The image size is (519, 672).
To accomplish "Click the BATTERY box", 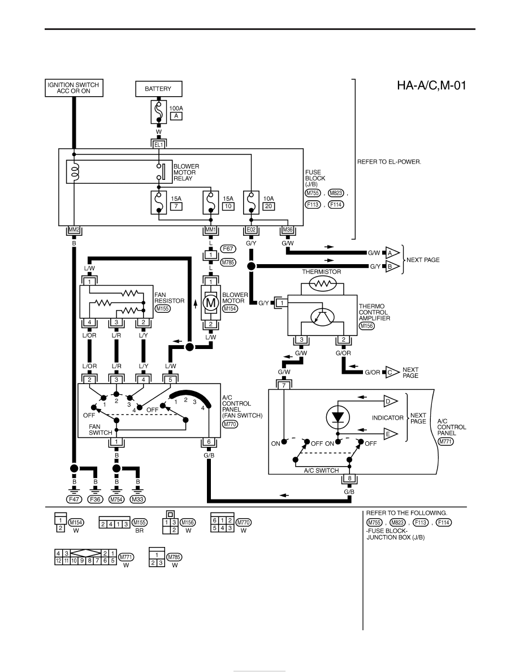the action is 158,89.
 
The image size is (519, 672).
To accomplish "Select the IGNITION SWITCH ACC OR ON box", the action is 73,88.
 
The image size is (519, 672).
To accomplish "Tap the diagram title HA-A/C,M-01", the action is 431,85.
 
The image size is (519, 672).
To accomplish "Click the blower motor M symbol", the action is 211,303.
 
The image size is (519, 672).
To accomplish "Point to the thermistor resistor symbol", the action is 322,283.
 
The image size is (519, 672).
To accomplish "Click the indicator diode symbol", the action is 338,416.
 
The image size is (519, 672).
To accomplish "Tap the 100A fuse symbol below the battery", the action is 158,112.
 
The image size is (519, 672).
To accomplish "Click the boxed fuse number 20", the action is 269,206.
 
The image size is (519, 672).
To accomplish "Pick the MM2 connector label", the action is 74,230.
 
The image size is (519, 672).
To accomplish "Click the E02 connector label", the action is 251,230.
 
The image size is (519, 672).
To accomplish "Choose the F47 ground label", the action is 73,499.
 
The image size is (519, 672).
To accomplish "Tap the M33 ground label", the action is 137,499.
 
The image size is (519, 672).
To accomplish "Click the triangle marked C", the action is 392,372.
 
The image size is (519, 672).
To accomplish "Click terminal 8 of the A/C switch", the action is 349,479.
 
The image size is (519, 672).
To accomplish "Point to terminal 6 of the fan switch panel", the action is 209,442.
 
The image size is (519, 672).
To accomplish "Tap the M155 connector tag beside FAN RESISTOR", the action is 163,309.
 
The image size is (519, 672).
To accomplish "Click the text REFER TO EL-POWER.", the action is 389,162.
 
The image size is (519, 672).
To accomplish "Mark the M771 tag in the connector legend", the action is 126,557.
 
